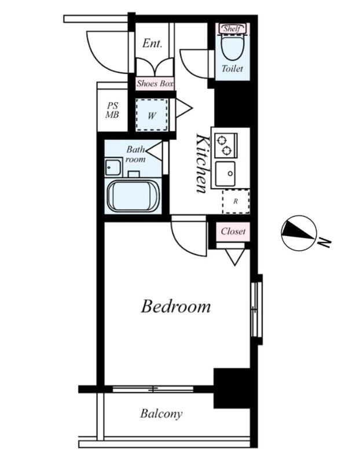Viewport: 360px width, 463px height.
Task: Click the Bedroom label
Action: point(176,306)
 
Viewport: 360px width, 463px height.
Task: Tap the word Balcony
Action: point(161,414)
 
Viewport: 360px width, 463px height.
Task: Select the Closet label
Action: point(233,231)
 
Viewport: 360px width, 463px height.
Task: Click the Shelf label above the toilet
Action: point(232,28)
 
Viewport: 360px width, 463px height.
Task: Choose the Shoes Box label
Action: point(155,83)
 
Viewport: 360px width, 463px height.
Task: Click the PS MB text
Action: point(112,110)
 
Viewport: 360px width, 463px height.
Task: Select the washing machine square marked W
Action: point(152,115)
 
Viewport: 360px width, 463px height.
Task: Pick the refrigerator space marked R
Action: point(236,201)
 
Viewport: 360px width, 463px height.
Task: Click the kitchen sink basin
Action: point(225,174)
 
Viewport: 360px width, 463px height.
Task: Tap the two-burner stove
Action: point(226,145)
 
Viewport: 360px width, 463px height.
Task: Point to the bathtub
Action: point(133,196)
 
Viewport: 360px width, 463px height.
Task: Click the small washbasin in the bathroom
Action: point(113,167)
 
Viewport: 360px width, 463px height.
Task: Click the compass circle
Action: point(299,233)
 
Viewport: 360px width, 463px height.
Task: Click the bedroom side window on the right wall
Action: point(256,309)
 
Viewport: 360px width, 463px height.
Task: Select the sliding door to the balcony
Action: point(153,389)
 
